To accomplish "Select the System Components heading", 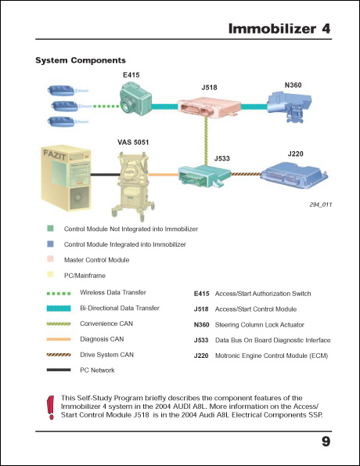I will pyautogui.click(x=81, y=60).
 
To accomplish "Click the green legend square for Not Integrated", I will pyautogui.click(x=50, y=229).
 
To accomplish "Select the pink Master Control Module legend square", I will pyautogui.click(x=50, y=260).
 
